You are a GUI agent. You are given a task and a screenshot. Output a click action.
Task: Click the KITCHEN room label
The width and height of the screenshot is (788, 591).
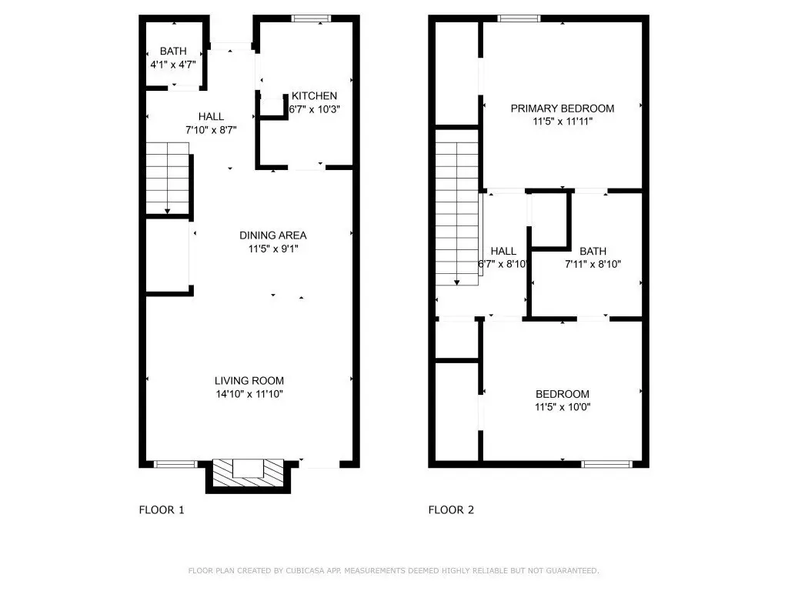click(x=314, y=96)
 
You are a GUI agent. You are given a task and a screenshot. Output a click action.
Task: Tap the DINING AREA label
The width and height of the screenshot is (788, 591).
click(x=273, y=235)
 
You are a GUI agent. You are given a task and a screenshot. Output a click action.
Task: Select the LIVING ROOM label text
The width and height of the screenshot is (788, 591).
click(x=249, y=381)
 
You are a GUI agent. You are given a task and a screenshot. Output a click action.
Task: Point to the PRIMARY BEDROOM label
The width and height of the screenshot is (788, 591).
click(x=563, y=109)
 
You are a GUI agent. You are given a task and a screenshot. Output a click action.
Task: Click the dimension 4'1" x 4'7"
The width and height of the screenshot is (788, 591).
click(x=173, y=65)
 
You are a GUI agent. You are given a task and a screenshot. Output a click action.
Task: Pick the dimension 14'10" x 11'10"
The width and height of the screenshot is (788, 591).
click(x=249, y=394)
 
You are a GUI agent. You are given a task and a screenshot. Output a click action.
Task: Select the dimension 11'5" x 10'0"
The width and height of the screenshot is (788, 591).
click(x=563, y=407)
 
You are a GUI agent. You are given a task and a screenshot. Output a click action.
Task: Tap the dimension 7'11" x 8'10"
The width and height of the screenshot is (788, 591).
click(x=593, y=265)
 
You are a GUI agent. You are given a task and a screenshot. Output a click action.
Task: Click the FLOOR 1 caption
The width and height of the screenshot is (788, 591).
click(x=162, y=510)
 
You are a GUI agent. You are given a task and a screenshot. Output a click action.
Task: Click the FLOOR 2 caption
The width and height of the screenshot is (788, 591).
click(x=451, y=510)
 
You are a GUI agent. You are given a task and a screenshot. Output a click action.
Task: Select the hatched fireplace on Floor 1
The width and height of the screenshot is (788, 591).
click(x=249, y=472)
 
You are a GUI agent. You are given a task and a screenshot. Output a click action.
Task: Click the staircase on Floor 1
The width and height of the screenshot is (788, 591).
click(x=167, y=179)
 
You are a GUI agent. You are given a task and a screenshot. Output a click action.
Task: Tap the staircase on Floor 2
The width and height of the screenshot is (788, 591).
click(x=457, y=214)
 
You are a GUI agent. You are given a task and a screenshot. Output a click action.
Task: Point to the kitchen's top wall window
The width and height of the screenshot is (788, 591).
click(x=311, y=18)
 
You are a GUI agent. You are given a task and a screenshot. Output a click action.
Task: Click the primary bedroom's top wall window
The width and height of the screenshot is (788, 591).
click(x=519, y=18)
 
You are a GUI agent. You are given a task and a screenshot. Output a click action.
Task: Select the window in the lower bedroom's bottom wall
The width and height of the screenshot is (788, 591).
click(x=606, y=464)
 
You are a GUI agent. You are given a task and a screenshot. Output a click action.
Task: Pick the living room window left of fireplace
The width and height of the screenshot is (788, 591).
click(x=175, y=464)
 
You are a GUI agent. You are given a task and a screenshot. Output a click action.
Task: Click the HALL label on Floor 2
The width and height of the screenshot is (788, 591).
click(x=503, y=252)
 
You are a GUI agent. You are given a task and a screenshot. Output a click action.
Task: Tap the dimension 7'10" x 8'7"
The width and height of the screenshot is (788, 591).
click(x=211, y=130)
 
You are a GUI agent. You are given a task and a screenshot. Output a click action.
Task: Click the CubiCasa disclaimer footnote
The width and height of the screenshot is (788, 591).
click(x=393, y=570)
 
